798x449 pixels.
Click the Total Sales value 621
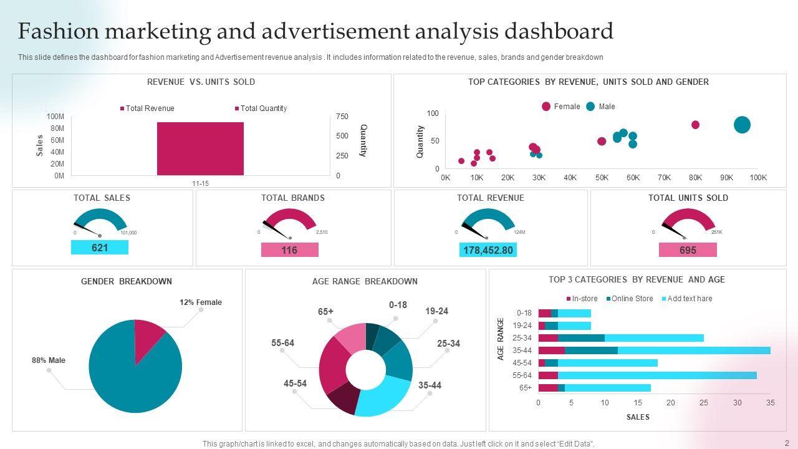coord(100,248)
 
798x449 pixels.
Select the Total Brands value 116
coord(289,250)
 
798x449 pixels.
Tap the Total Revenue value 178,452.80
coord(488,250)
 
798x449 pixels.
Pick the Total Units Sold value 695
coord(688,250)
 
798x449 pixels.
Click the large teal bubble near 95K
coord(742,125)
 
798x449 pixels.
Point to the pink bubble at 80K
coord(695,125)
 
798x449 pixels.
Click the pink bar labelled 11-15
coord(200,148)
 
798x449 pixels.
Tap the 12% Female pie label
coord(201,302)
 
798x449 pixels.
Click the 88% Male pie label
coord(49,360)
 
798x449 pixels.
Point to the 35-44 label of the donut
coord(430,385)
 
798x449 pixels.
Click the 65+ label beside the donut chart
coord(326,312)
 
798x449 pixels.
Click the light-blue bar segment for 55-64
coord(657,375)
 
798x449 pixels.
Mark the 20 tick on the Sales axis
coord(671,403)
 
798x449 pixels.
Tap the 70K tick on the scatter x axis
coord(664,178)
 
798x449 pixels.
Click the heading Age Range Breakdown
coord(365,281)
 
